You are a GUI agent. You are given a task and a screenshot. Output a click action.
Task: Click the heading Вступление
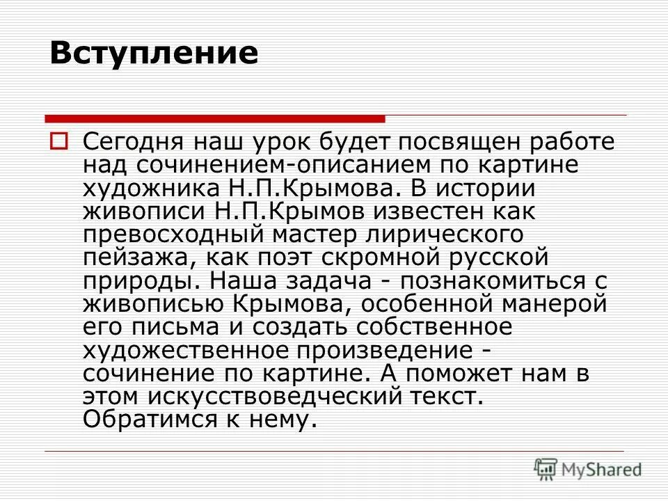pos(154,54)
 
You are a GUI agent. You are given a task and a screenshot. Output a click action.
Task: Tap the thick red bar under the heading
pos(214,118)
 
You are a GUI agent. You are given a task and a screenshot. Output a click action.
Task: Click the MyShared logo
pos(588,469)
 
